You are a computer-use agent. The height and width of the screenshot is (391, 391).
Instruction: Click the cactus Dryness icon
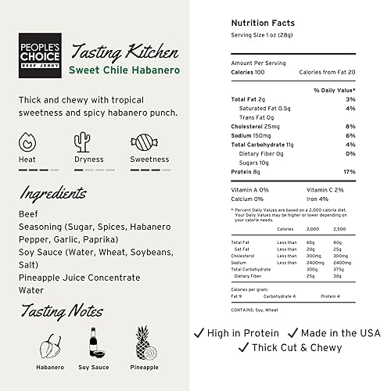pyautogui.click(x=83, y=142)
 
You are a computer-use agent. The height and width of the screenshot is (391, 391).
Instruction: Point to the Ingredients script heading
pyautogui.click(x=52, y=192)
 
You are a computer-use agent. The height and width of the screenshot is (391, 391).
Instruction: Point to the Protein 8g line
pyautogui.click(x=248, y=171)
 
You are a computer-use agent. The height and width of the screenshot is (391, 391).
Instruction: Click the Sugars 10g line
pyautogui.click(x=254, y=162)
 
